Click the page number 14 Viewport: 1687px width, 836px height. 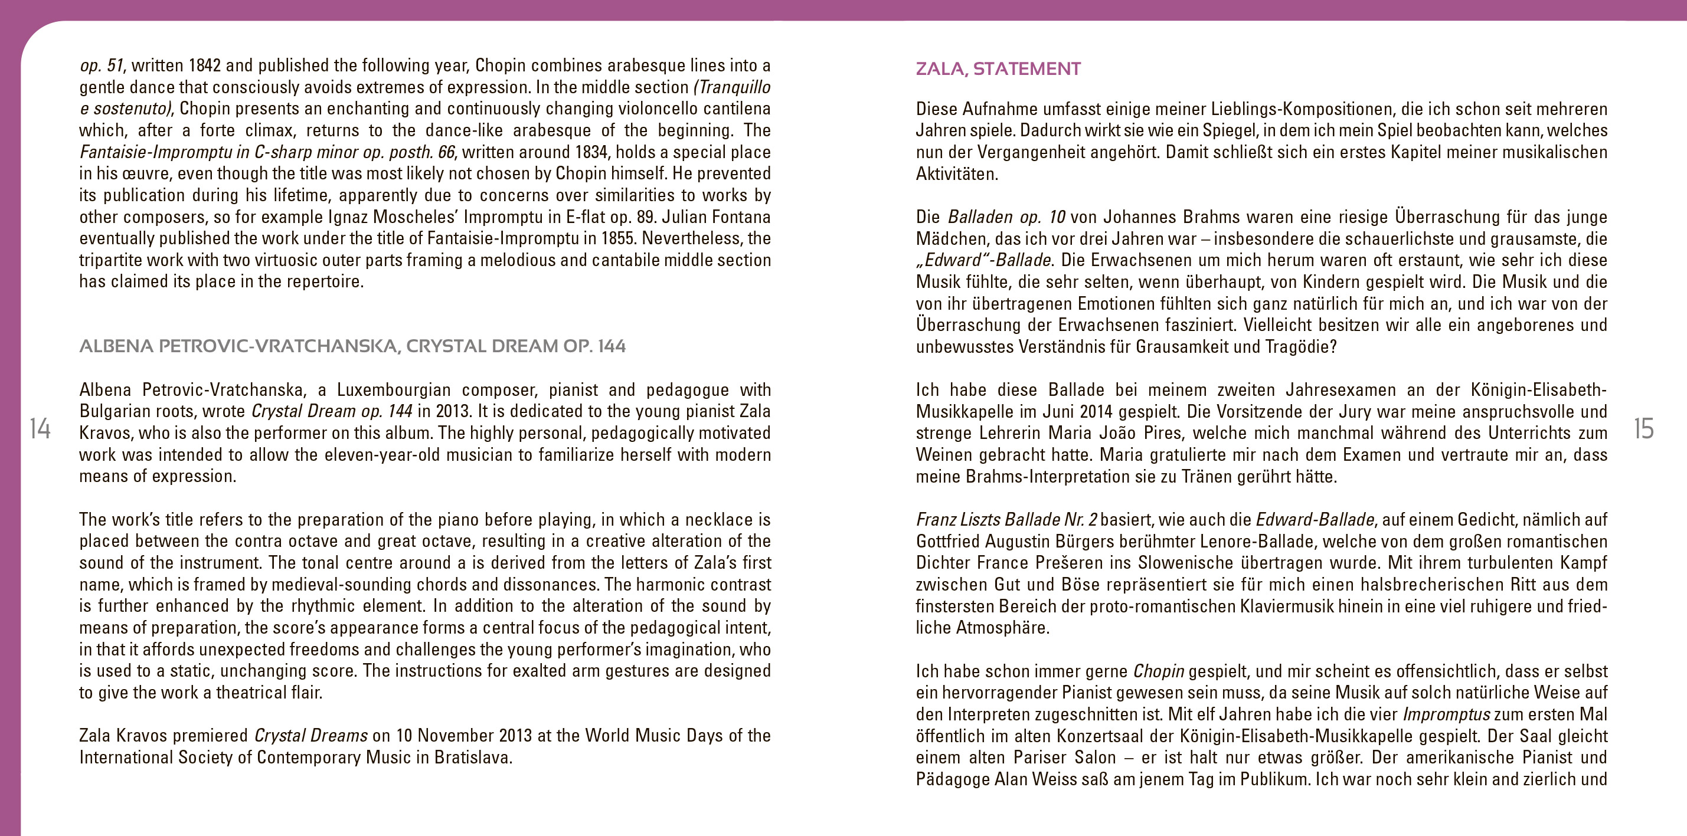coord(40,429)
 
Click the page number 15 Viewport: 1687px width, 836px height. coord(1643,429)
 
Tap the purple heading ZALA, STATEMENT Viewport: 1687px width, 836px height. coord(998,69)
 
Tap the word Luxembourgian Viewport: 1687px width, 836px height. coord(394,390)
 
